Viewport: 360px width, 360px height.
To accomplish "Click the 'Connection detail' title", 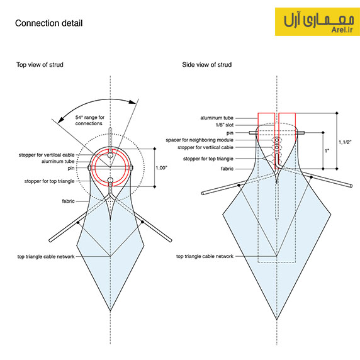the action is (48, 23).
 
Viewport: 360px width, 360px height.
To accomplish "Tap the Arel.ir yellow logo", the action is (317, 22).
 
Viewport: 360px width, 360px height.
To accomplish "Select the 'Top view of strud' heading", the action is (40, 65).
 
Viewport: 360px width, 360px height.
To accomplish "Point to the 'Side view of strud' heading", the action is (206, 65).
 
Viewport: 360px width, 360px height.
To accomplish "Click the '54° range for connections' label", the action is (90, 120).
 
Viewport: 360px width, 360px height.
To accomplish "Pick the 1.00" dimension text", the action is (161, 168).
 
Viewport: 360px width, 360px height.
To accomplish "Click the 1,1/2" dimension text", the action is (345, 142).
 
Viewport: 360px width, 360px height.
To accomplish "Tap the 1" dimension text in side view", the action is (327, 151).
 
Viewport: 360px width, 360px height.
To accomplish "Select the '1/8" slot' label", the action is (225, 125).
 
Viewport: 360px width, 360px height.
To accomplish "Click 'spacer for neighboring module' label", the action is (200, 140).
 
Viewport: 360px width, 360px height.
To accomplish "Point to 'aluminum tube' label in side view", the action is (217, 118).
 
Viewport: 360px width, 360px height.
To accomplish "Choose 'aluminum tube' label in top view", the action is (58, 161).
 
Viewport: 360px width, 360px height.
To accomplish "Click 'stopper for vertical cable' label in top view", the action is (47, 155).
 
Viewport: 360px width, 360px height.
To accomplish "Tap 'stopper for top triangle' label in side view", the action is (208, 159).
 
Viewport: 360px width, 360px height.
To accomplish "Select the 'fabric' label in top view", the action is (68, 201).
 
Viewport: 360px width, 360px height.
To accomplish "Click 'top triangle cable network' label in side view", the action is (205, 256).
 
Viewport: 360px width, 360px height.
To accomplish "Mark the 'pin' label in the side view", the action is (230, 133).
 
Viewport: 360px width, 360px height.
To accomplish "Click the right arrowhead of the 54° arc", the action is (132, 102).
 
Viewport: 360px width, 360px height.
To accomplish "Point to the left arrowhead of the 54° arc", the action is (61, 120).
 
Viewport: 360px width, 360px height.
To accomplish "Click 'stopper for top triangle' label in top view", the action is (49, 181).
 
